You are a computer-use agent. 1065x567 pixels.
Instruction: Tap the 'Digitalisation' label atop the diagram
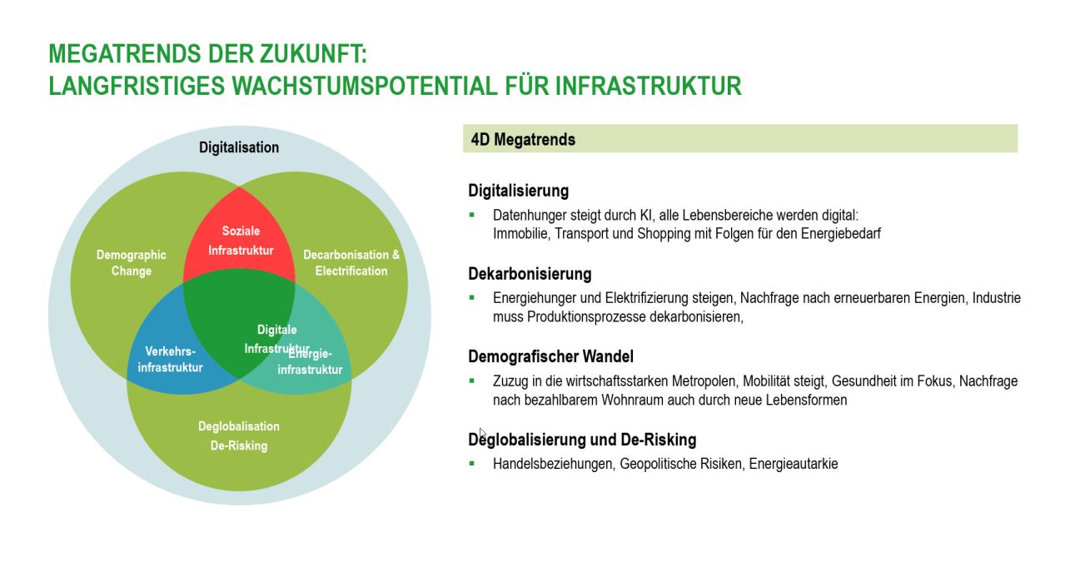(x=239, y=147)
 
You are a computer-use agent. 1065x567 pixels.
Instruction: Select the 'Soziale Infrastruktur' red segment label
(x=241, y=241)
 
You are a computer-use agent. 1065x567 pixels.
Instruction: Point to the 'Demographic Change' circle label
(x=132, y=263)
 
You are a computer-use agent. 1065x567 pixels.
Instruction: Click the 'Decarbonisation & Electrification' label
(x=351, y=263)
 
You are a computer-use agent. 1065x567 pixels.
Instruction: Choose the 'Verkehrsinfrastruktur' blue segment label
(x=170, y=360)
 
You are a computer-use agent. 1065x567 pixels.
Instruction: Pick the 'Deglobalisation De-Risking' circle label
(x=239, y=435)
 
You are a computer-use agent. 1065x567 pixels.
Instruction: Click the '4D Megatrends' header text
(x=523, y=140)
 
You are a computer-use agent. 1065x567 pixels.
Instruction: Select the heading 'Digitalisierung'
(x=518, y=191)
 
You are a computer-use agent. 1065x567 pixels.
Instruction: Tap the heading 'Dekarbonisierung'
(x=530, y=274)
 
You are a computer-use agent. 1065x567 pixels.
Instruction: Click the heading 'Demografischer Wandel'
(x=550, y=356)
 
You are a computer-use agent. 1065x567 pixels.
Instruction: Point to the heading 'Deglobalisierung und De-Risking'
(x=582, y=440)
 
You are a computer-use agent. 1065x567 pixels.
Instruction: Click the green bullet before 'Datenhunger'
(x=472, y=214)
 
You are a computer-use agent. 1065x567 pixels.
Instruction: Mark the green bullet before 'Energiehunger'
(x=472, y=297)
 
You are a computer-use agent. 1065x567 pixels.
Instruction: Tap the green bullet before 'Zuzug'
(x=472, y=380)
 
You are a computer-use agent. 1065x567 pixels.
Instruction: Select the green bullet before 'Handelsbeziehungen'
(x=472, y=463)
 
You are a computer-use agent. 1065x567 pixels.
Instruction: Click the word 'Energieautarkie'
(x=794, y=464)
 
